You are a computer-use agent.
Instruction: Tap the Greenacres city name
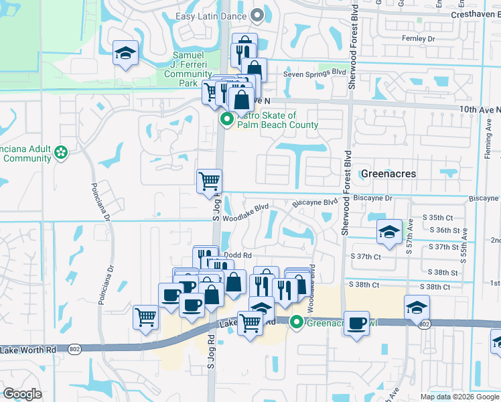pos(388,174)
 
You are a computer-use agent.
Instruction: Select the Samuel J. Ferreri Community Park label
pos(188,69)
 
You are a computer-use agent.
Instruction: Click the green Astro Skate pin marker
pos(226,120)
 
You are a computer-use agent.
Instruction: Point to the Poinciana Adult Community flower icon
pos(62,152)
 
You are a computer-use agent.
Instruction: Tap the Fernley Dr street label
pos(419,40)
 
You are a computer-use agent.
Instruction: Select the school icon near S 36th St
pos(389,231)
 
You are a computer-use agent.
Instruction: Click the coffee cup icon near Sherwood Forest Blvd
pos(356,324)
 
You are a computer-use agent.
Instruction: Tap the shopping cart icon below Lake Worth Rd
pos(250,324)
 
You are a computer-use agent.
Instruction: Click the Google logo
pos(22,393)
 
